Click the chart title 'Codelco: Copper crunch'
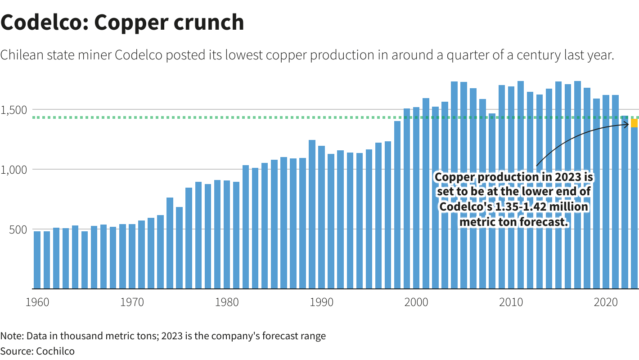click(122, 22)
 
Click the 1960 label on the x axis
click(37, 301)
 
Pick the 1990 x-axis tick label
click(321, 301)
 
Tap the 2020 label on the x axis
click(606, 301)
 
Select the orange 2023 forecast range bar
click(634, 123)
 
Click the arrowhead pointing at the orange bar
click(627, 125)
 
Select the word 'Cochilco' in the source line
click(55, 351)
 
